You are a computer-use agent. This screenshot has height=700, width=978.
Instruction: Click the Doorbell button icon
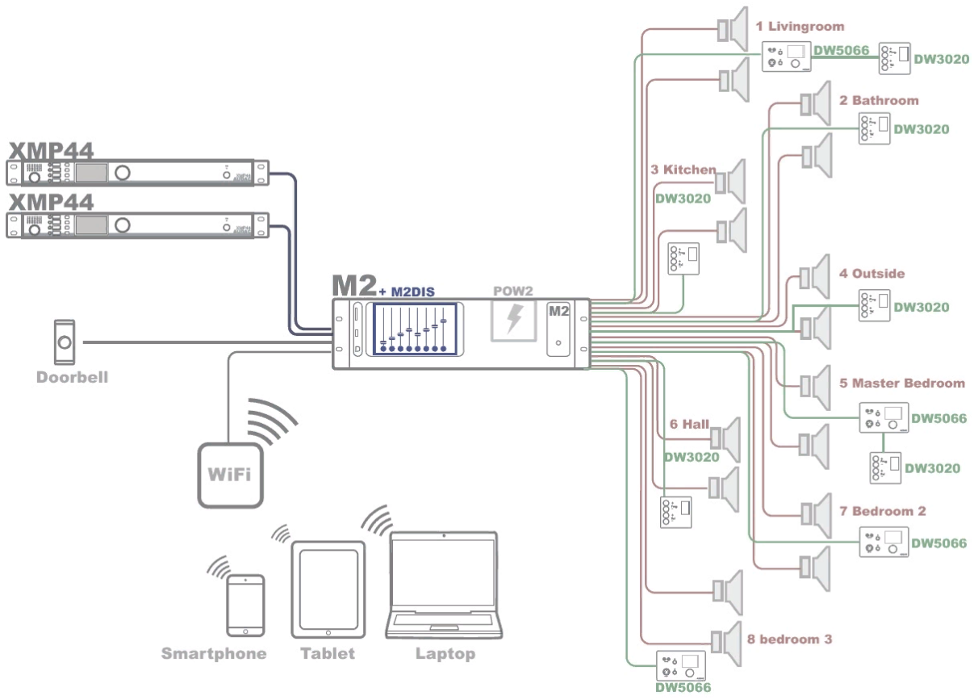coord(65,342)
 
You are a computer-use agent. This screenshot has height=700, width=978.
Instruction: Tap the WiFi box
coord(230,475)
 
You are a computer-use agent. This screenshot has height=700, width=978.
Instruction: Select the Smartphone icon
coord(245,606)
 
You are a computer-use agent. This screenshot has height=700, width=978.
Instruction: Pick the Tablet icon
coord(328,589)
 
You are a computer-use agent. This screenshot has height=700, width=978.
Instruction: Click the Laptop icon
coord(444,585)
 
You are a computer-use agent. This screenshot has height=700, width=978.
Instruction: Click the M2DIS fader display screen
coord(414,328)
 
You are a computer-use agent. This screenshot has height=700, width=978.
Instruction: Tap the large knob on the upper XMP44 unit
coord(123,173)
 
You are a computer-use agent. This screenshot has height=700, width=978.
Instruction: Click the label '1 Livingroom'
coord(800,26)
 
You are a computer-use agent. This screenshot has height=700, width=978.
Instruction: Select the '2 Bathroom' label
coord(879,100)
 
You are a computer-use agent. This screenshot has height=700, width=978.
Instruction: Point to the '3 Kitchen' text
coord(683,170)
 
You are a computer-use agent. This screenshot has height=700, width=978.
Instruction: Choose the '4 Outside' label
coord(872,274)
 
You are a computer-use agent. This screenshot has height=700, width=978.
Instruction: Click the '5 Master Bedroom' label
coord(902,384)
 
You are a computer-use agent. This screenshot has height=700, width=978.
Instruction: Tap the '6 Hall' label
coord(689,424)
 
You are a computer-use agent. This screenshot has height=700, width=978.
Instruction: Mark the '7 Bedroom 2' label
coord(883,511)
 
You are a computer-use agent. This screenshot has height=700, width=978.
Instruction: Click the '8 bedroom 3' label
coord(789,639)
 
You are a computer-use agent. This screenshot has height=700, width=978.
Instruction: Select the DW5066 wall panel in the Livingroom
coord(786,57)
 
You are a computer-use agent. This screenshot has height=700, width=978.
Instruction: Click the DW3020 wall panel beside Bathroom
coord(874,128)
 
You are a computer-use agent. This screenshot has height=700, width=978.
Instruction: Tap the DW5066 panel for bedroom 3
coord(681,666)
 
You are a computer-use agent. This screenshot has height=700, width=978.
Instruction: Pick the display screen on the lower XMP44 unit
coord(91,225)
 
